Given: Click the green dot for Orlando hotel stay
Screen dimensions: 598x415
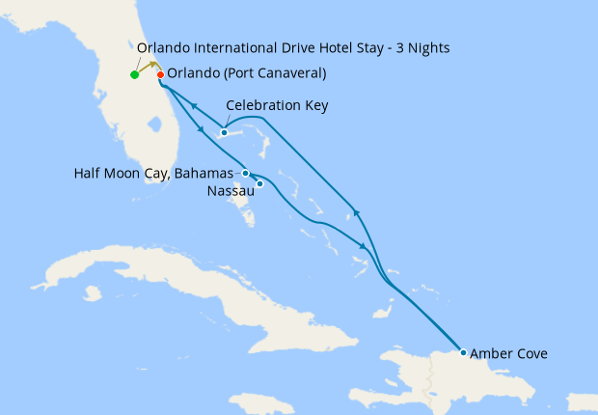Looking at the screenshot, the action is coord(134,74).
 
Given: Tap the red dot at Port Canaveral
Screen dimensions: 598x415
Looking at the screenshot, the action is coord(160,74).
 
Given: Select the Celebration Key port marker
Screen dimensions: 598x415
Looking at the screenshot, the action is coord(224,132).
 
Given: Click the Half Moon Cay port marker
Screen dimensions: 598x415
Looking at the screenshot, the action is coord(246,174).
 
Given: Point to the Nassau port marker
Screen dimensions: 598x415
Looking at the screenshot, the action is coord(259,183).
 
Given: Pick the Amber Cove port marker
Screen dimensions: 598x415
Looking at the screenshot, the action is coord(463,353).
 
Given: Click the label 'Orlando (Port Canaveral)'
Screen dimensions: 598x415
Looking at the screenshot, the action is coord(246,73).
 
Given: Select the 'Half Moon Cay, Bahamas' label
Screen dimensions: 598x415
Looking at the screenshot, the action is coord(154,174).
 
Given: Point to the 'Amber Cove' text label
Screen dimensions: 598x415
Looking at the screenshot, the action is coord(508,354).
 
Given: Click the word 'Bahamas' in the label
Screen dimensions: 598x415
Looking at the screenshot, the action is coord(207,174).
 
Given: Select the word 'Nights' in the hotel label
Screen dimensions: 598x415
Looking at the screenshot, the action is coord(427,47).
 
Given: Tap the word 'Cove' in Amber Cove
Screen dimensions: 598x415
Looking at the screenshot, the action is coord(530,354).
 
